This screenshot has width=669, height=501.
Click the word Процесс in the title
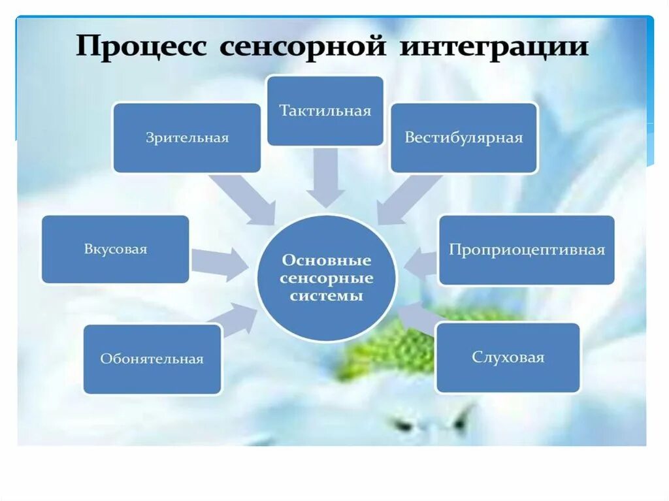tap(140, 48)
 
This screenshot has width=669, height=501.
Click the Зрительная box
tap(187, 138)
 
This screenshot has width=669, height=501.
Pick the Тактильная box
tap(325, 110)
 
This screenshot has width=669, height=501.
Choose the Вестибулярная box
tap(464, 138)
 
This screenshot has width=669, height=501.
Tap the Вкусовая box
tap(116, 250)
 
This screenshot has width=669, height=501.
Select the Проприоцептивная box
tap(527, 250)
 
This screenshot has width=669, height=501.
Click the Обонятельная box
tap(152, 359)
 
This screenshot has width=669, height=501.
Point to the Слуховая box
tap(508, 358)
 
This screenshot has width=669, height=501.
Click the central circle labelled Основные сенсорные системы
tap(326, 278)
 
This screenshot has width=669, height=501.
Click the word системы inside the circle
tap(326, 295)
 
